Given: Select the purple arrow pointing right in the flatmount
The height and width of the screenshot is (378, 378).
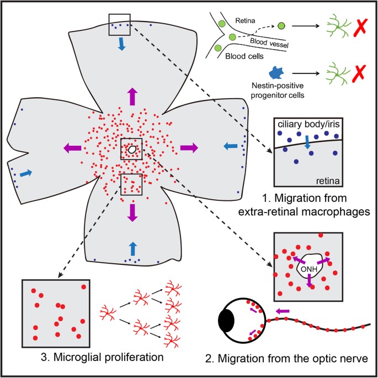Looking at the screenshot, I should [x=189, y=147].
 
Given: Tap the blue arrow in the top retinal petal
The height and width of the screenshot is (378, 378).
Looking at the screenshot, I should [x=121, y=47].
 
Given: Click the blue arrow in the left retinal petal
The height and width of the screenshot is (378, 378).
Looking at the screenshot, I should [x=23, y=173].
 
